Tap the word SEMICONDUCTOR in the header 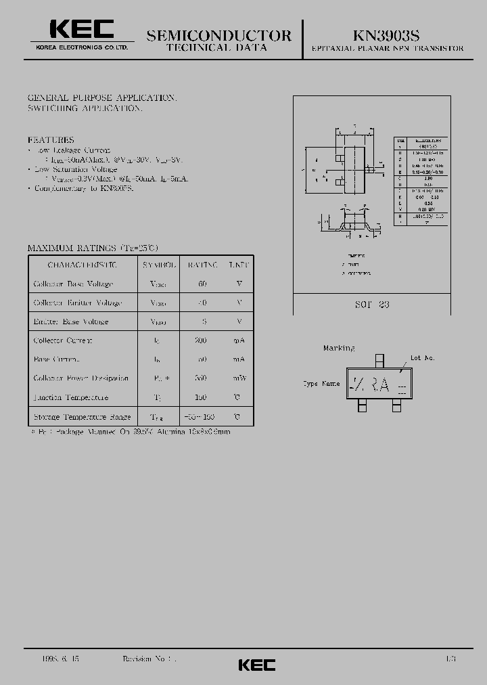pos(218,35)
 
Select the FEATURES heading pos(51,139)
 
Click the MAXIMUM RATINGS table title pos(93,248)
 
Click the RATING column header pos(202,265)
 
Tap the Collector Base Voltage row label pos(73,284)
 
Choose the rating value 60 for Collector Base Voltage pos(202,284)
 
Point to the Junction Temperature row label pos(70,397)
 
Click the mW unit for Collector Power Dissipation pos(238,378)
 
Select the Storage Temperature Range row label pos(82,417)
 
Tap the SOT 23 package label pos(372,305)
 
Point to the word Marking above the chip pos(338,348)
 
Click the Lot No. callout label pos(423,357)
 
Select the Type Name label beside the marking pos(321,384)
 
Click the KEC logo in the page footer pos(256,665)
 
